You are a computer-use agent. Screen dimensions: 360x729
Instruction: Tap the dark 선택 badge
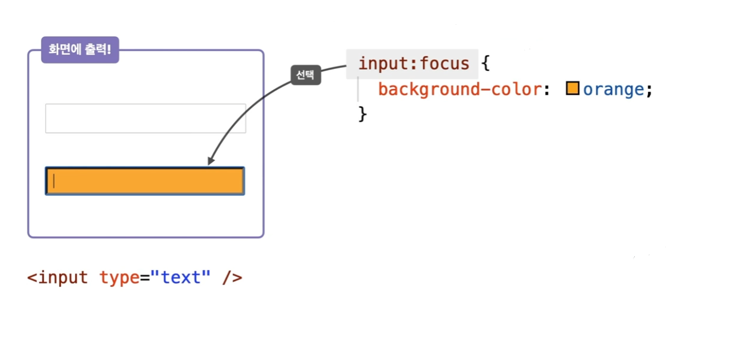(x=305, y=75)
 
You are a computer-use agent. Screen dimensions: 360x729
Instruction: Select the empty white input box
(x=145, y=118)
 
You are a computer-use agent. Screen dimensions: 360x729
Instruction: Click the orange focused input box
(x=145, y=181)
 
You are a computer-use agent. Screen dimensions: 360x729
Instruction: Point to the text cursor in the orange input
(x=53, y=181)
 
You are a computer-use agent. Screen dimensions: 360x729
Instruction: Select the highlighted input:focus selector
(x=413, y=64)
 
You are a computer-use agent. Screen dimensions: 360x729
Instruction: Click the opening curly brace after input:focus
(x=485, y=63)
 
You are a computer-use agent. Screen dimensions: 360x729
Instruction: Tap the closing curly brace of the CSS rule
(x=362, y=114)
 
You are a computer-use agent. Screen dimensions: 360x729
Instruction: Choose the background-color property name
(x=459, y=90)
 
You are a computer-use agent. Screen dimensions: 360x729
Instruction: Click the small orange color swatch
(x=573, y=89)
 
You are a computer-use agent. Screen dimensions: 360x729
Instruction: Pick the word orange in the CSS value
(x=613, y=90)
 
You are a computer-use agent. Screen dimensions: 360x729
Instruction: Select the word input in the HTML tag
(x=63, y=278)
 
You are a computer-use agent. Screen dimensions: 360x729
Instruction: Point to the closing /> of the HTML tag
(x=232, y=278)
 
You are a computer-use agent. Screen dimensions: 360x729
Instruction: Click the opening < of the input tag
(x=32, y=278)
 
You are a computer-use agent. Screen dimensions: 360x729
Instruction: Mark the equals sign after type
(x=145, y=278)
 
